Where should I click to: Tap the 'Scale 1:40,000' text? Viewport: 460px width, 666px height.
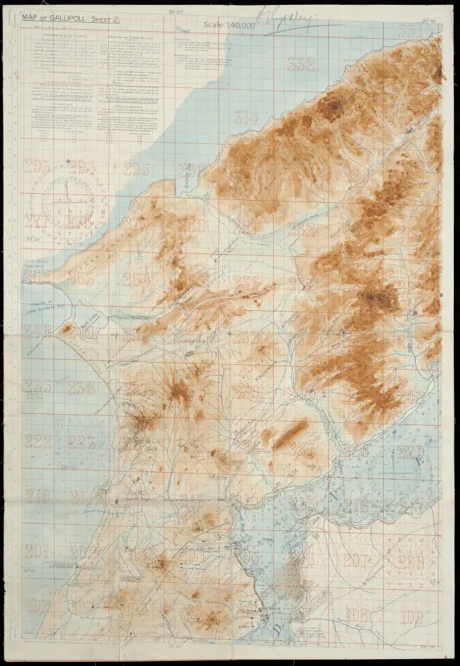229,26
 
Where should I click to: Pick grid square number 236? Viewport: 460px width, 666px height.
81,388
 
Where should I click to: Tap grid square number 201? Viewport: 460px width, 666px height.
35,552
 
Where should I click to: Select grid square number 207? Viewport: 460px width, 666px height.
356,560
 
